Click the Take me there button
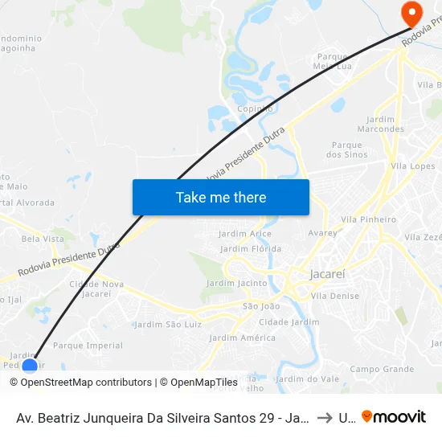[221, 197]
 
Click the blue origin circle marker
[30, 366]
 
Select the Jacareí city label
[327, 274]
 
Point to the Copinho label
[255, 108]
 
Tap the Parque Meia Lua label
[333, 62]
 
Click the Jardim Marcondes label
[380, 124]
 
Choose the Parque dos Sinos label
[348, 149]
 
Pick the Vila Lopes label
[412, 166]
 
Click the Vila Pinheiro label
[369, 219]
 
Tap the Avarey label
[323, 233]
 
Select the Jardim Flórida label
[251, 249]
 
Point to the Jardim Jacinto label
[236, 283]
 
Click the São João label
[261, 305]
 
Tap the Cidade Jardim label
[289, 321]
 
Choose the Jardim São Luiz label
[167, 325]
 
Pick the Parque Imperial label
[88, 346]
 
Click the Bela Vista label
[43, 239]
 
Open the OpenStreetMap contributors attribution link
[86, 383]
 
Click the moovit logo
[393, 417]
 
